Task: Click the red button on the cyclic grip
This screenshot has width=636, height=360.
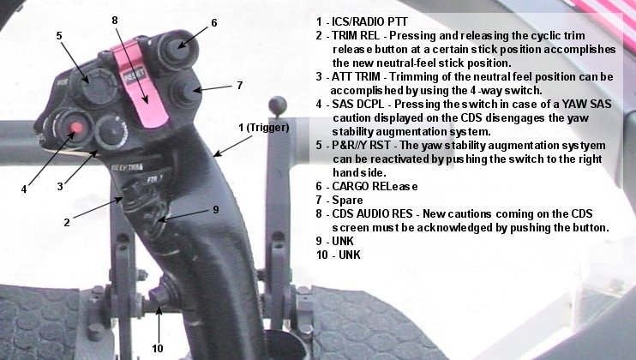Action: (x=76, y=128)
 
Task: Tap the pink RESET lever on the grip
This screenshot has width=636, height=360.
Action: (x=139, y=82)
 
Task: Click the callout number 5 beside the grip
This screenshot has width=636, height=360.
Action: (x=59, y=36)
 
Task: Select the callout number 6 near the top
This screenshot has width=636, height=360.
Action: (x=213, y=22)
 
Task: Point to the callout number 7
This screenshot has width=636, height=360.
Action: (x=240, y=86)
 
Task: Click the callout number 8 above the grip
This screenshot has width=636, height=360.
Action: (x=115, y=20)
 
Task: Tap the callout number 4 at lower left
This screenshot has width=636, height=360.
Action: (x=24, y=189)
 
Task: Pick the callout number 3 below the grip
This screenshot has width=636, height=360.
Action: (x=60, y=186)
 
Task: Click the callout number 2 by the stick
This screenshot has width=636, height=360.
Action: (x=67, y=222)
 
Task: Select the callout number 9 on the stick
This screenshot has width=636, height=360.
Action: (x=216, y=209)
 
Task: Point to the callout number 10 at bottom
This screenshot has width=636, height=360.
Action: (x=158, y=348)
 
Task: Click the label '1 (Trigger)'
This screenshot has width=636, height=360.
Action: (x=264, y=128)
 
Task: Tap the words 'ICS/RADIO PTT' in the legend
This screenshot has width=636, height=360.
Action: (x=369, y=21)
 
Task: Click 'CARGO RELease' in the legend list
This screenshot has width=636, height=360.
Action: (x=375, y=186)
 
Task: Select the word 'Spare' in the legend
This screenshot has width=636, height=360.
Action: (x=347, y=200)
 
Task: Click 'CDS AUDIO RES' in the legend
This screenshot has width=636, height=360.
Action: (x=372, y=213)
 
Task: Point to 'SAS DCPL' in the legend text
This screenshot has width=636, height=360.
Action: (x=358, y=105)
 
